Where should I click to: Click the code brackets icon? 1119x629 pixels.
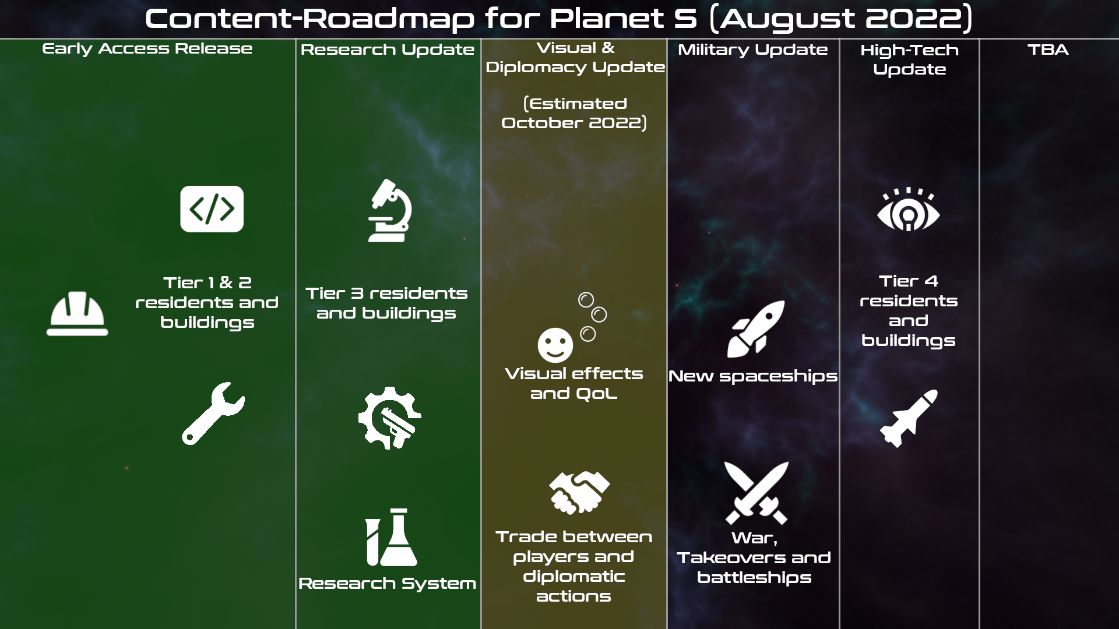point(212,209)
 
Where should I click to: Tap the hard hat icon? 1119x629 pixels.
point(78,314)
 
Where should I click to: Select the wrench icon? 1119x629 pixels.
point(213,414)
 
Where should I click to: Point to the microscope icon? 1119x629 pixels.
point(390,210)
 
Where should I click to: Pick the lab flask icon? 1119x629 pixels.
point(392,537)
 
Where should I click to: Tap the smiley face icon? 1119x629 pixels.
point(555,345)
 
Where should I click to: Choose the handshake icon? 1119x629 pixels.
point(579,493)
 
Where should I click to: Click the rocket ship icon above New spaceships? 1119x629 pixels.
point(756,329)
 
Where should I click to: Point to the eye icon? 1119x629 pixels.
point(909,210)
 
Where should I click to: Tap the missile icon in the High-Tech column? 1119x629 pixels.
point(909,419)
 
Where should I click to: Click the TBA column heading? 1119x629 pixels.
point(1048,50)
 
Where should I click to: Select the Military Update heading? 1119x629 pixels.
point(752,50)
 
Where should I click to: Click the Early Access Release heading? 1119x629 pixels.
point(147,49)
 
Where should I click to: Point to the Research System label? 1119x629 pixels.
point(388,584)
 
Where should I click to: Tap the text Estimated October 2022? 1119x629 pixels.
point(574,113)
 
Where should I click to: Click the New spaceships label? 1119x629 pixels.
point(753,376)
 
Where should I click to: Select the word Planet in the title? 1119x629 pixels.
point(606,19)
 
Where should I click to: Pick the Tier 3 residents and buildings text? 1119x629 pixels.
point(386,303)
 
